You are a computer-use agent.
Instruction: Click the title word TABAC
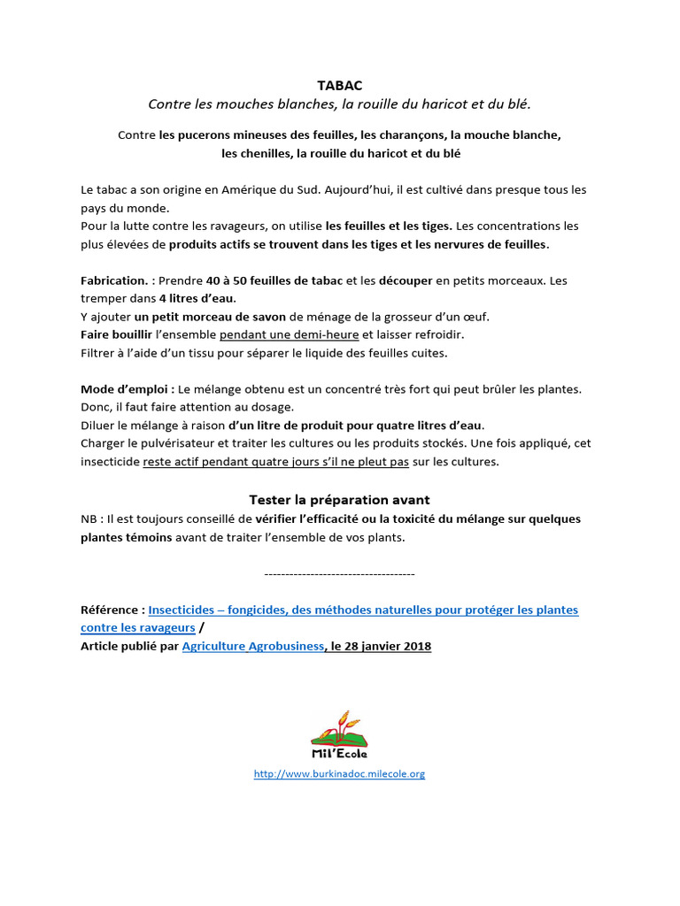(x=340, y=85)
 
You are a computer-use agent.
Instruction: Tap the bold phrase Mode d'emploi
(x=127, y=389)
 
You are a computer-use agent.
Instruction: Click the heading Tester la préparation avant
(x=339, y=500)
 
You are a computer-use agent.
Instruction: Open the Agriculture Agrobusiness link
(x=253, y=646)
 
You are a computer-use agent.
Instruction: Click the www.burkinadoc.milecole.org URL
(x=339, y=773)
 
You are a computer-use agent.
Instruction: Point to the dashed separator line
(x=339, y=574)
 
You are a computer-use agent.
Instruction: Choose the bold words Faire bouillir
(x=116, y=335)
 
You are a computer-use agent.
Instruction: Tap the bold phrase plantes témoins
(x=127, y=537)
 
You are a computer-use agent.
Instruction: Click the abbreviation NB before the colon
(x=89, y=518)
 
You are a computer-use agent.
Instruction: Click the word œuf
(x=476, y=317)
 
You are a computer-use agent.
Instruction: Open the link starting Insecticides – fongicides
(x=363, y=610)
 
